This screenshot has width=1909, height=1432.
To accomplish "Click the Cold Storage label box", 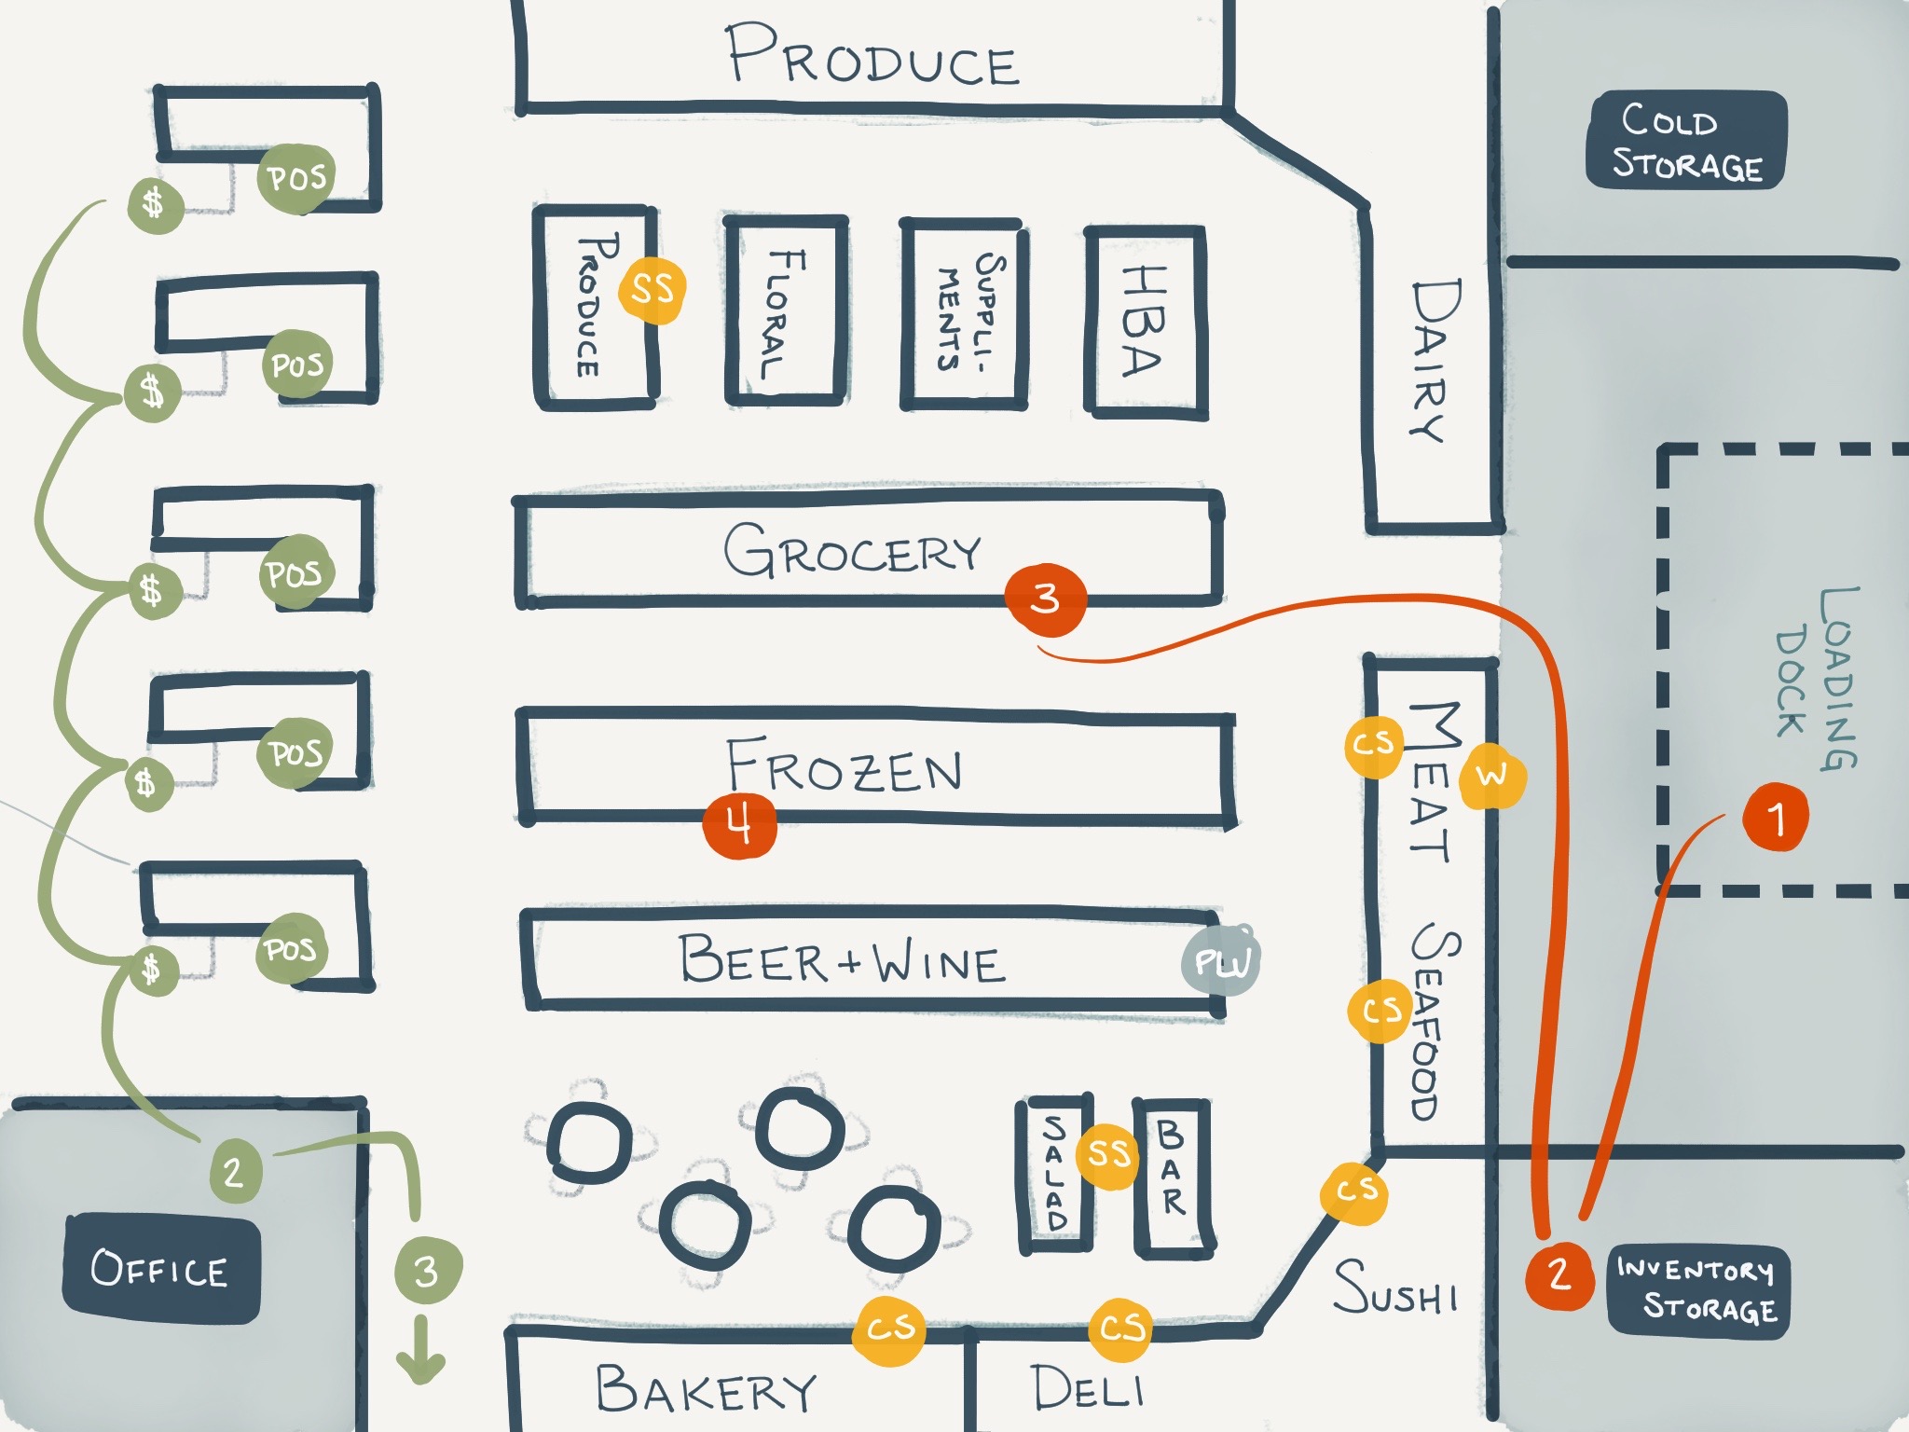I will tap(1686, 141).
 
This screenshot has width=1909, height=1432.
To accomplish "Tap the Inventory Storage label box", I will tap(1697, 1290).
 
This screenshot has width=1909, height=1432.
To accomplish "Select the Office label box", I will tap(160, 1268).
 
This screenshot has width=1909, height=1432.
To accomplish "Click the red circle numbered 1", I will tap(1776, 818).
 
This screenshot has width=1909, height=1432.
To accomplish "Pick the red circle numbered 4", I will tap(739, 825).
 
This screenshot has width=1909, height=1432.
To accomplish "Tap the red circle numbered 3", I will tap(1045, 599).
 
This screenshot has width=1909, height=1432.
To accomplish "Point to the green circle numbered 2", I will tap(233, 1170).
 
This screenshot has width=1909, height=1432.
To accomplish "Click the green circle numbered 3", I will tap(427, 1270).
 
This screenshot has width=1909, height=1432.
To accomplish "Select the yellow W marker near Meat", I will tap(1491, 776).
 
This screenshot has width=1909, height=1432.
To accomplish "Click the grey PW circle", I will tap(1221, 961).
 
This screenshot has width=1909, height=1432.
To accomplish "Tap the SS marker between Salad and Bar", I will tap(1108, 1154).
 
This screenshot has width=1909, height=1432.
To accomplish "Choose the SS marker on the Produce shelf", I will tap(652, 288).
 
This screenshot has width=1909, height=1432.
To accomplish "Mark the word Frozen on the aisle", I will tap(845, 767).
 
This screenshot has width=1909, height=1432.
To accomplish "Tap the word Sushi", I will tap(1395, 1288).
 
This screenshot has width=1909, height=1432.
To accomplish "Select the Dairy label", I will tap(1435, 360).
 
